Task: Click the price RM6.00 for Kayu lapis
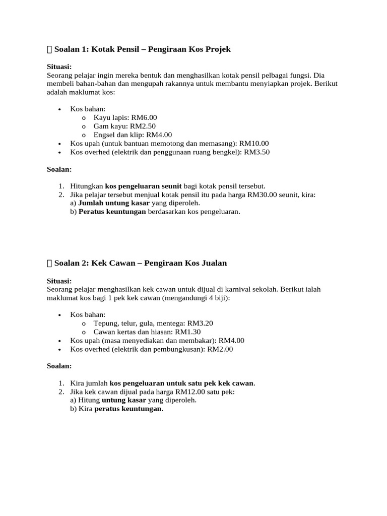pos(144,117)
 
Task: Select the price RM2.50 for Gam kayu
pos(143,126)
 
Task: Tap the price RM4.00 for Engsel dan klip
pos(159,135)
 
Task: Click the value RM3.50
pos(257,152)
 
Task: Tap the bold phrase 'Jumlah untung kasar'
pos(114,203)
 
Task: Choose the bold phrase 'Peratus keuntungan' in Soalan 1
pos(112,212)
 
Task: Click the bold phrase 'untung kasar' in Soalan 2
pos(124,400)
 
